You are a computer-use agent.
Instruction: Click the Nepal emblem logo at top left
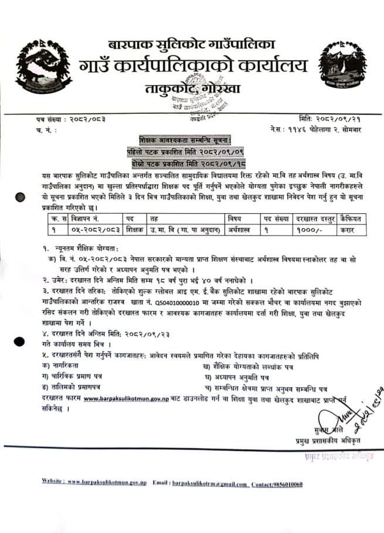click(x=36, y=66)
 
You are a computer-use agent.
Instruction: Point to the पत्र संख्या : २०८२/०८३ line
click(x=68, y=119)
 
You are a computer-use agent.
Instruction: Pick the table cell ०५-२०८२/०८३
click(x=93, y=229)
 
